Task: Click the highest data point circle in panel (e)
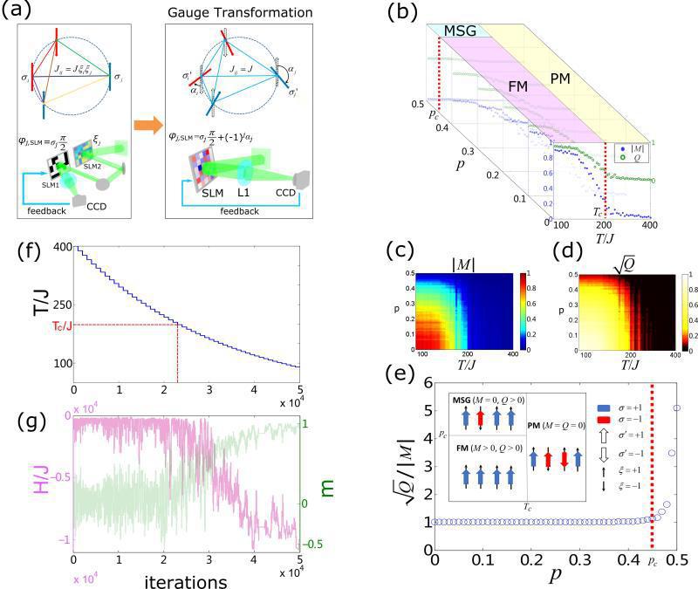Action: (676, 408)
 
